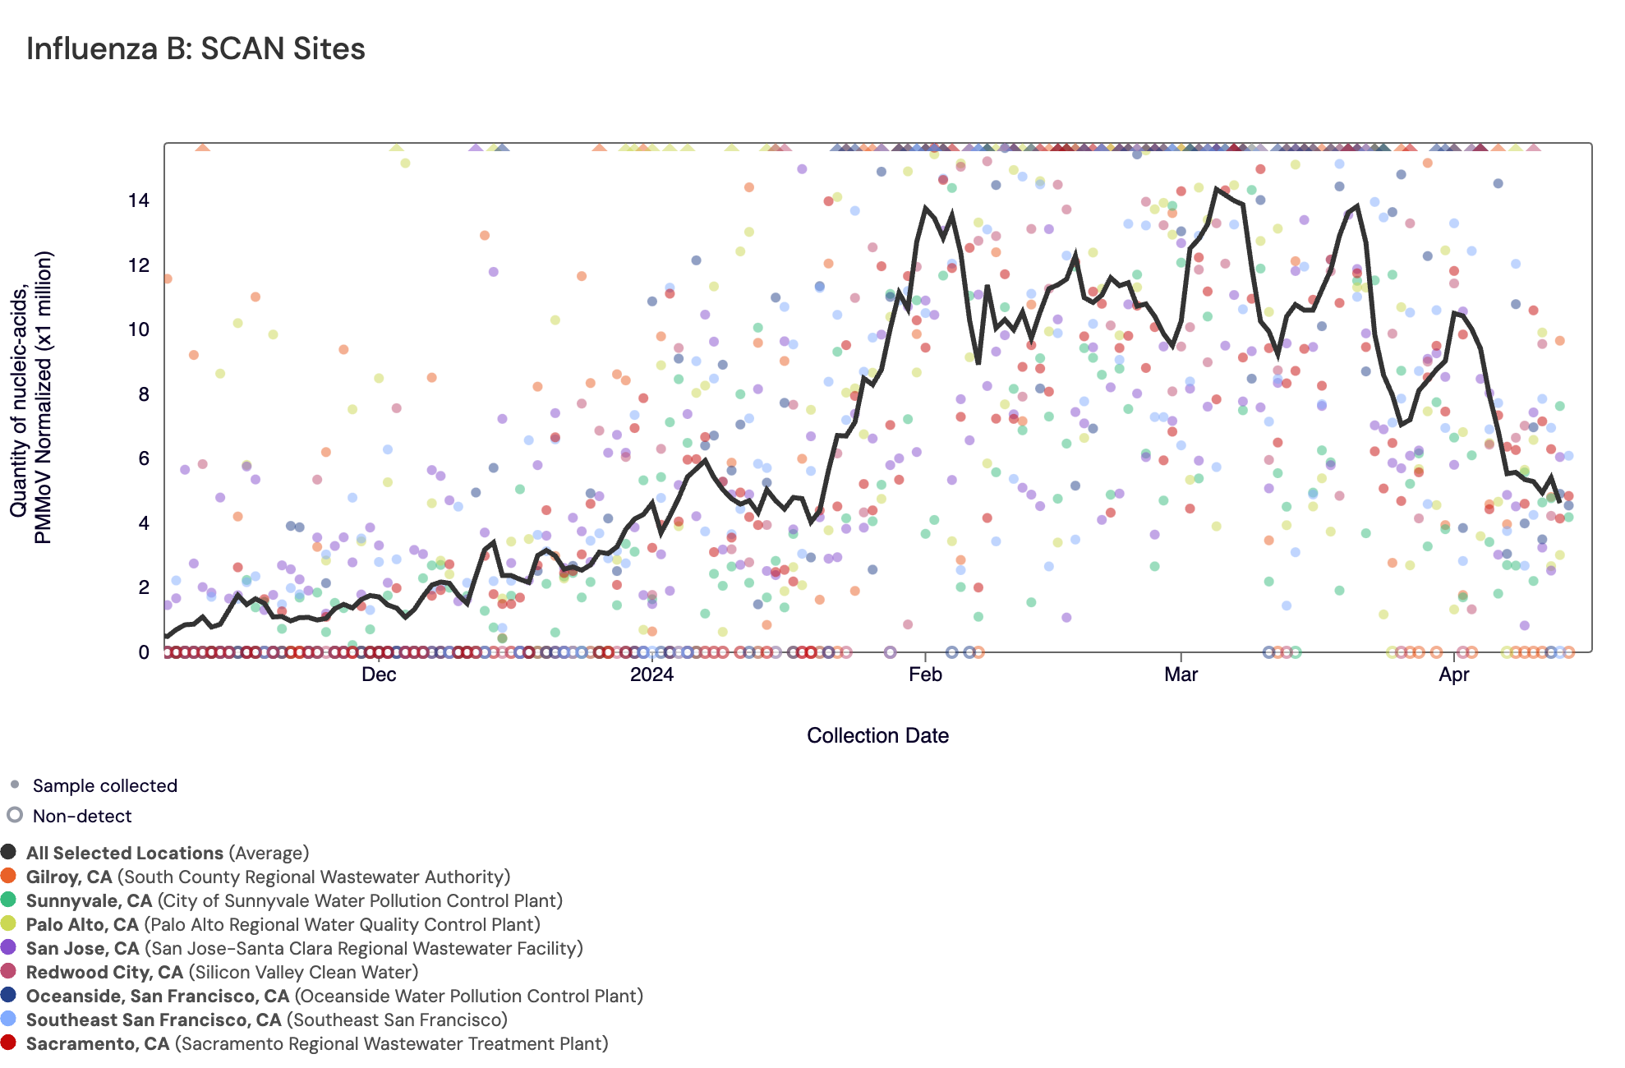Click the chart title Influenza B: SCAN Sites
tap(196, 49)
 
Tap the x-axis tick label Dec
tap(379, 674)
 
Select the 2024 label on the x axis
tap(651, 674)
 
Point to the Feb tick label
tap(925, 674)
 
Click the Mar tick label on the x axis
tap(1181, 674)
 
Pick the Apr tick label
tap(1454, 674)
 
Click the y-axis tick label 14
tap(139, 200)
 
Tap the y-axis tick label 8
tap(144, 394)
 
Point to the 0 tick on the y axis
tap(144, 652)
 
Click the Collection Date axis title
tap(877, 735)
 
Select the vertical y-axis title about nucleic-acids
tap(31, 397)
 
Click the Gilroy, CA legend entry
tap(268, 877)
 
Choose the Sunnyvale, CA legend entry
tap(294, 901)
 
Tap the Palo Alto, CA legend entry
tap(283, 925)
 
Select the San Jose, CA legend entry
tap(304, 949)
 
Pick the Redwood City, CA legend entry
tap(222, 973)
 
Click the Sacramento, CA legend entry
tap(317, 1044)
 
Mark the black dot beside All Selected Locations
tap(9, 852)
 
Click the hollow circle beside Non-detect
tap(15, 815)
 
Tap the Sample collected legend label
tap(105, 785)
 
